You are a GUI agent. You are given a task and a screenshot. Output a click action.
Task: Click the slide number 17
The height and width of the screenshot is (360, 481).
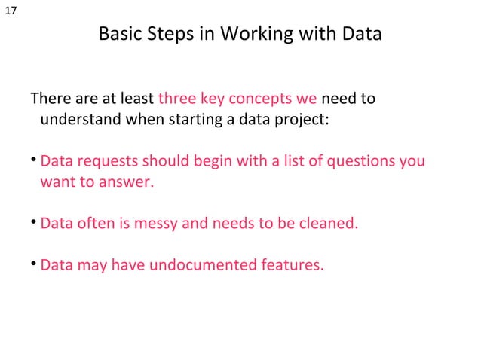pyautogui.click(x=11, y=10)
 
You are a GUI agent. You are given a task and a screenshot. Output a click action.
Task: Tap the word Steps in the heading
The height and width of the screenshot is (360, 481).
pyautogui.click(x=165, y=35)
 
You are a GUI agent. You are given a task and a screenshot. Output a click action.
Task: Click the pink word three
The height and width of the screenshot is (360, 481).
pyautogui.click(x=177, y=99)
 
